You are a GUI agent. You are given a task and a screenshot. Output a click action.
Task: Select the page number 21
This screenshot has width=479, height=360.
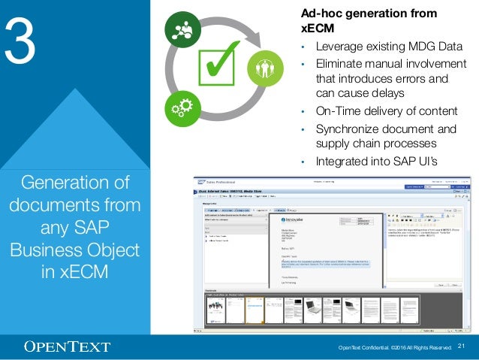(x=462, y=346)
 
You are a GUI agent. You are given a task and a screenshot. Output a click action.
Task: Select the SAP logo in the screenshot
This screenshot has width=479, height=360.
(x=202, y=182)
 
